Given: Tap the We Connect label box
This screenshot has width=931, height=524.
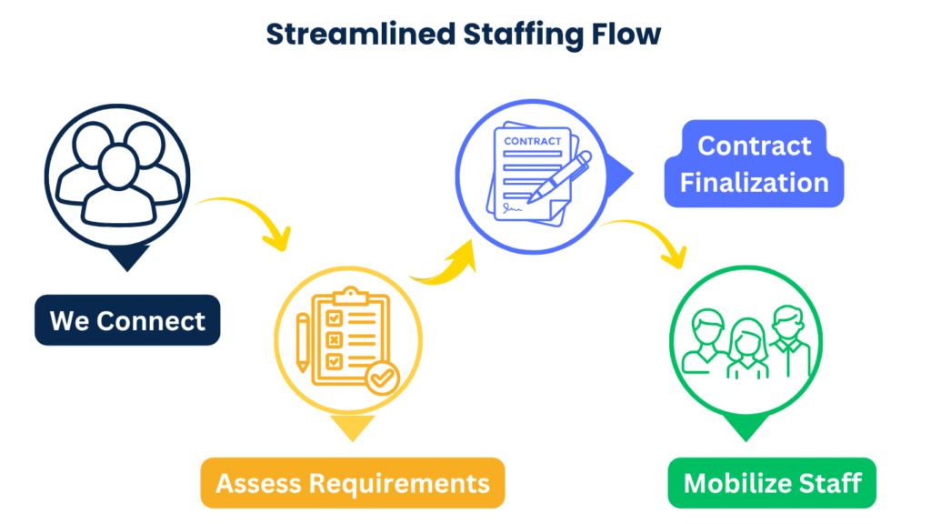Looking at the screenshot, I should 127,320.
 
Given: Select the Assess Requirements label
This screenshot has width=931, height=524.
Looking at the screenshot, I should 353,482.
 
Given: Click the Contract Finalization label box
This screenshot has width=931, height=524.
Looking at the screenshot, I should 755,164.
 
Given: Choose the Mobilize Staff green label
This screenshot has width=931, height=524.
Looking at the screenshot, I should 772,482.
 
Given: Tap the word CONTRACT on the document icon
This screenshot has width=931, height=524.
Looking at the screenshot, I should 532,141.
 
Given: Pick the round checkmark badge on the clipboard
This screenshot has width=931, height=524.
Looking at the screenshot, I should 381,375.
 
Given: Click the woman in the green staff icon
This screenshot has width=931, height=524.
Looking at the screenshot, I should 746,350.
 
